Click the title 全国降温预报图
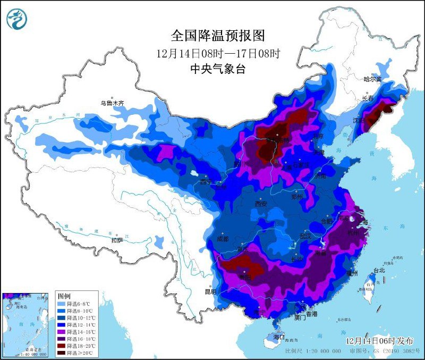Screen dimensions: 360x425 pos(218,36)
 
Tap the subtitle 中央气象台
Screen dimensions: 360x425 pos(218,69)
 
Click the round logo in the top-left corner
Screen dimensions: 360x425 pos(16,19)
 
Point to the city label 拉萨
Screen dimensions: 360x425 pos(117,240)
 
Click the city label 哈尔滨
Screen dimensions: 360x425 pos(372,79)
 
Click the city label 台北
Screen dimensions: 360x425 pos(378,270)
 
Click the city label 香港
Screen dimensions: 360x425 pos(310,314)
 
